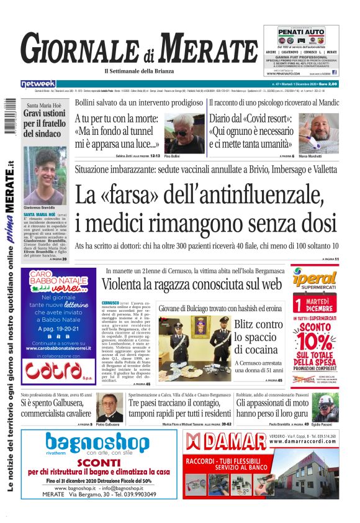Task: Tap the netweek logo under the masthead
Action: coord(39,84)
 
